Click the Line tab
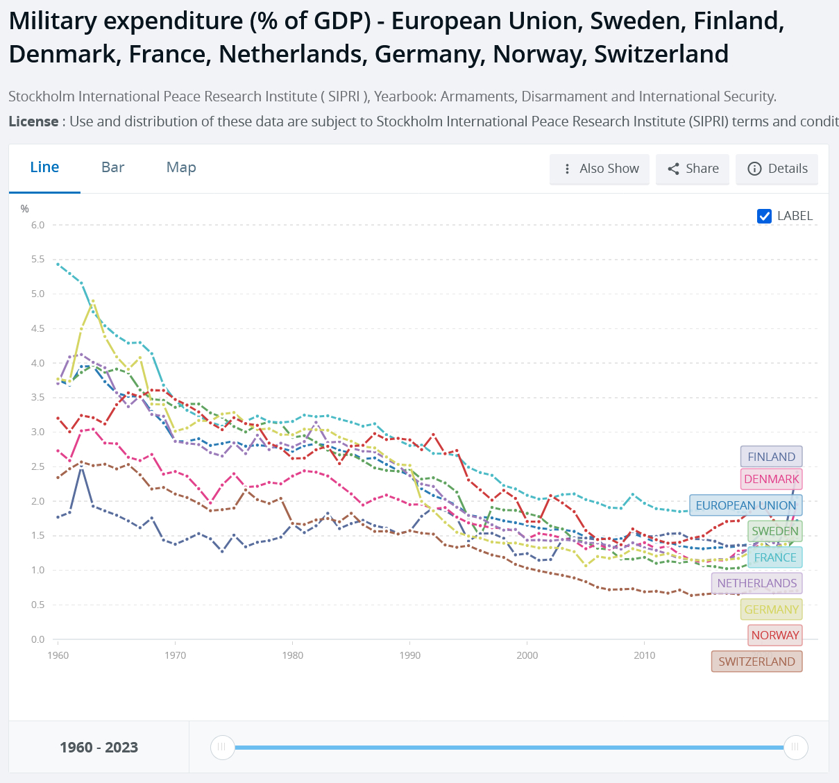point(44,167)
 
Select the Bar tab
point(113,167)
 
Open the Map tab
point(181,167)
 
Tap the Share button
point(693,169)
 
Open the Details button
point(777,169)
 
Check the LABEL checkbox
point(765,216)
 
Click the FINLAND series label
point(771,457)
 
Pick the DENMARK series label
point(771,479)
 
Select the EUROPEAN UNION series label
point(745,505)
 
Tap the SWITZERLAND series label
point(756,662)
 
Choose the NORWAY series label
point(774,635)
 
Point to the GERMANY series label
point(771,609)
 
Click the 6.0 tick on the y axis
point(37,225)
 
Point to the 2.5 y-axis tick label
point(37,466)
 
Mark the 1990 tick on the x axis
point(410,655)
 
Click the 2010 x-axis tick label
point(645,655)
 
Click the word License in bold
point(33,121)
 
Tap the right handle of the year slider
point(795,748)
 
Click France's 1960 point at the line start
point(58,264)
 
